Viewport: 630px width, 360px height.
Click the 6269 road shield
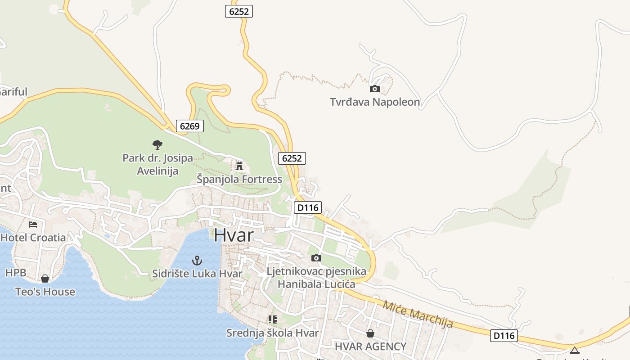click(189, 126)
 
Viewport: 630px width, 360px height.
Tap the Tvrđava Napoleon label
click(375, 102)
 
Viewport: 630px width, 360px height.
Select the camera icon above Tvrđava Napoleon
click(374, 89)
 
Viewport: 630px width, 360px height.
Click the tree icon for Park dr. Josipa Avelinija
click(157, 144)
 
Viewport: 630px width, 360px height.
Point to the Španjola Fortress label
click(239, 179)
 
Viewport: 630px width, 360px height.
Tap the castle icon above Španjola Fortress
click(239, 166)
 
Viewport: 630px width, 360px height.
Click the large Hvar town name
click(234, 235)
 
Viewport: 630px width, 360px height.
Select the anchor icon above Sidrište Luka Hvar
click(197, 260)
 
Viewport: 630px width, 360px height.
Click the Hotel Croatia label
click(33, 238)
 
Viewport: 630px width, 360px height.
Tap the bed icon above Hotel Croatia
click(33, 224)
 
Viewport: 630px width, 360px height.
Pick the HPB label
click(16, 272)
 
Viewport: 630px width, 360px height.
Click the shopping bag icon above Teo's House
click(45, 279)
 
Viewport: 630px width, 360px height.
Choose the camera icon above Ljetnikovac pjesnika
click(316, 258)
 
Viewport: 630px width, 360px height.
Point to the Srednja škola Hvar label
click(272, 333)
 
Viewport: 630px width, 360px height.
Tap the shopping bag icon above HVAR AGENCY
click(370, 333)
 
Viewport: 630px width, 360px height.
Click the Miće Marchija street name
click(418, 314)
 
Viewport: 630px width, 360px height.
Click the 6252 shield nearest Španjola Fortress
click(292, 158)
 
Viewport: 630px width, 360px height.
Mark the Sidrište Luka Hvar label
click(197, 274)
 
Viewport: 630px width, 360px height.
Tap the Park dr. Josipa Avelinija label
click(157, 164)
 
